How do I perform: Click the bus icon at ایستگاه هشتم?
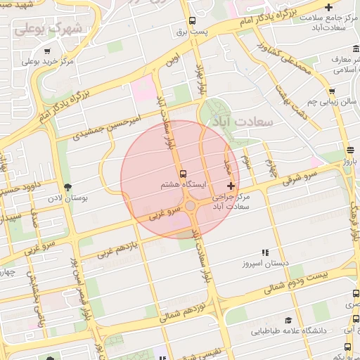[x=184, y=173]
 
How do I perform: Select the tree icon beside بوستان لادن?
[x=68, y=187]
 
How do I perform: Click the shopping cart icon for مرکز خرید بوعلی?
[x=47, y=51]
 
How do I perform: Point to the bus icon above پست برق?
[x=191, y=21]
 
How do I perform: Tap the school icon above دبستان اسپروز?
[x=265, y=252]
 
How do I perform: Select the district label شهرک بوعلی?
[x=49, y=28]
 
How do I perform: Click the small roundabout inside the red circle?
[x=191, y=205]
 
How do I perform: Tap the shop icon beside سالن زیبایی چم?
[x=331, y=91]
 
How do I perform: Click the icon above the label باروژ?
[x=350, y=150]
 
